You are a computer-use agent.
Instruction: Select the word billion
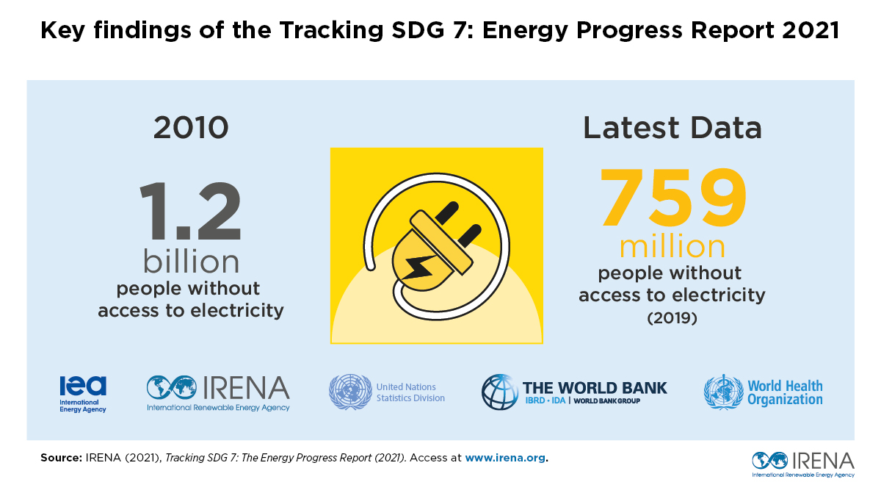point(191,262)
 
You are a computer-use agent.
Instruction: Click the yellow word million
point(672,246)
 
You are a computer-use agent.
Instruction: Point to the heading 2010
point(191,128)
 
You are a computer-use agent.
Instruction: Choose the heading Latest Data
point(672,128)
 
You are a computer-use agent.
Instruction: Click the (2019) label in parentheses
point(672,319)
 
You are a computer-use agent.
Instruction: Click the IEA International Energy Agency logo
point(83,394)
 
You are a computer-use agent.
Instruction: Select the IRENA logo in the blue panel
point(218,392)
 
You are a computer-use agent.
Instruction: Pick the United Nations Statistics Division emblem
point(349,392)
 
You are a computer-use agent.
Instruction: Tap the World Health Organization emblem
point(723,392)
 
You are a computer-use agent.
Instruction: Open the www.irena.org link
point(506,457)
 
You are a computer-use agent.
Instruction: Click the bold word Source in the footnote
point(59,457)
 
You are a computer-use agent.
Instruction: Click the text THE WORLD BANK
point(595,387)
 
